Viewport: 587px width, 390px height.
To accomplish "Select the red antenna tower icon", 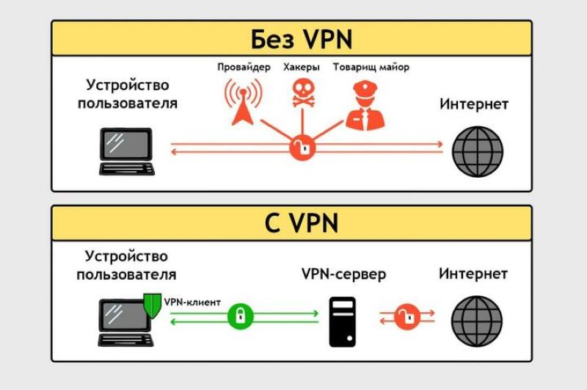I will tap(241, 103).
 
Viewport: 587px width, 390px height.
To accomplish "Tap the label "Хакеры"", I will tap(301, 67).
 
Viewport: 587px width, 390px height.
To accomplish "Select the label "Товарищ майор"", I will tap(371, 67).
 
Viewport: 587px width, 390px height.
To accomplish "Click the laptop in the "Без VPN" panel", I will tap(127, 151).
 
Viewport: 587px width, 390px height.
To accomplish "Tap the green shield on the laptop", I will tap(152, 303).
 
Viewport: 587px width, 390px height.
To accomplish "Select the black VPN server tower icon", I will tap(343, 322).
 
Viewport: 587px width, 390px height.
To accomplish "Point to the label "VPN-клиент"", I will tap(192, 301).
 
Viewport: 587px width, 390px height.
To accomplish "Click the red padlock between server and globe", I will tap(405, 316).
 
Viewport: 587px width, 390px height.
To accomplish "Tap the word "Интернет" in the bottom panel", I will tap(473, 274).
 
